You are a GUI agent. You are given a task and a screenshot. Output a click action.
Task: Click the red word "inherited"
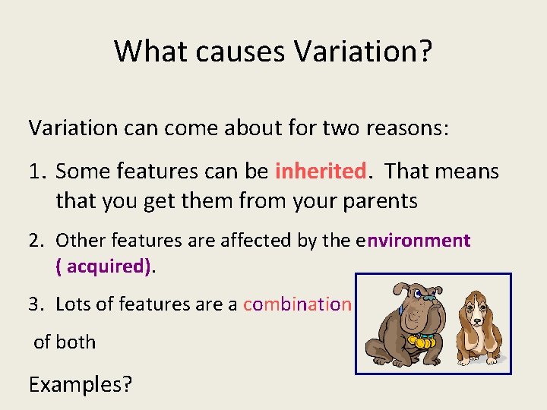(x=321, y=171)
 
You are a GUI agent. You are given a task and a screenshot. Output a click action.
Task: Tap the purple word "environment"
(x=418, y=241)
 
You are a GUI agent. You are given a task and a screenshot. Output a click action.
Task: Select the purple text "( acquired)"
(x=104, y=266)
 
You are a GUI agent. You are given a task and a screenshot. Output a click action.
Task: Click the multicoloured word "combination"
(x=297, y=304)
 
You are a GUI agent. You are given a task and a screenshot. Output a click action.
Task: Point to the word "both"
(x=76, y=342)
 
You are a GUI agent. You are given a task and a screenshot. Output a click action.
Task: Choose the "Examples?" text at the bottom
(x=80, y=384)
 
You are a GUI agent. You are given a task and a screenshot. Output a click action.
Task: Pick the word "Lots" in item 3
(x=72, y=304)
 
